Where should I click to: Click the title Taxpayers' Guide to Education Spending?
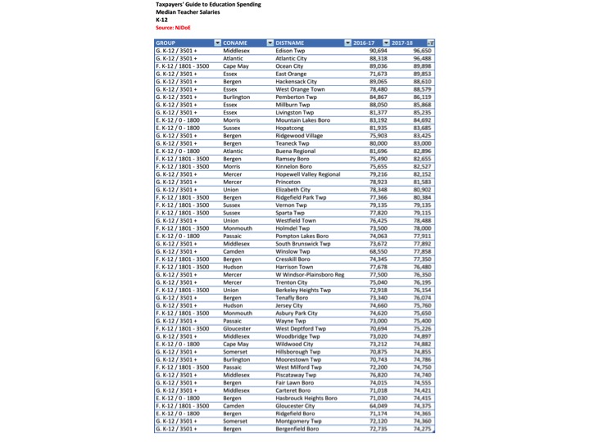tap(208, 5)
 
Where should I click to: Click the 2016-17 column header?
tap(364, 42)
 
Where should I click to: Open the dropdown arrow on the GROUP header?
tap(217, 42)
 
